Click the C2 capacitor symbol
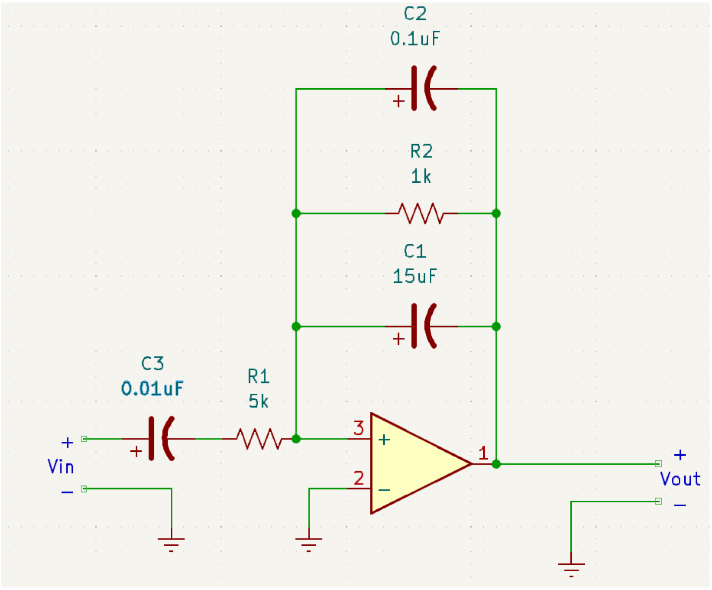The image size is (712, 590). pos(422,89)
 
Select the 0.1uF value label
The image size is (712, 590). pos(415,39)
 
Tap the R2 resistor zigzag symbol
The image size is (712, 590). pos(421,214)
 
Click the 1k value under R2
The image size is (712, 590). pos(421,176)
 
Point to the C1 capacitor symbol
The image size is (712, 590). pos(422,326)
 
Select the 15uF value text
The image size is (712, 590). pos(415,276)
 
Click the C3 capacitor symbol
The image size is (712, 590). pos(160,438)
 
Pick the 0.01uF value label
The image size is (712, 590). pos(153,388)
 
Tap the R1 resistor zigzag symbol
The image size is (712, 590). pos(258,438)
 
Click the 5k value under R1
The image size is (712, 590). pos(258,401)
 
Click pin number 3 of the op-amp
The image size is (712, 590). pos(358,428)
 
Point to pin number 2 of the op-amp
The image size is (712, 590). pos(358,478)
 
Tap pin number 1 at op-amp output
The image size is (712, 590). pos(483,452)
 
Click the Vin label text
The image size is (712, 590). pos(61,467)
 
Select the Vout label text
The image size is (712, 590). pos(680,479)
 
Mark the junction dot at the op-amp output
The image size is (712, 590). pos(496,464)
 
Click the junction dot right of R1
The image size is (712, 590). pos(296,438)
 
